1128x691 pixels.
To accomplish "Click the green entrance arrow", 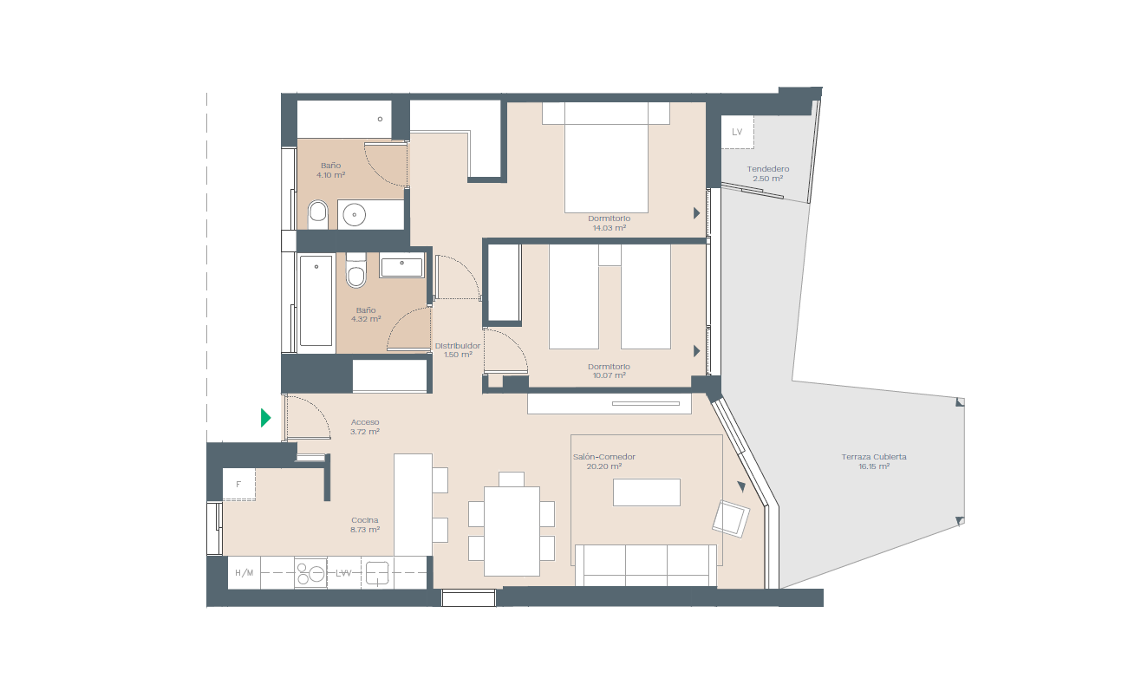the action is (x=265, y=418).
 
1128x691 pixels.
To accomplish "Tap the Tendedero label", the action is (x=768, y=169).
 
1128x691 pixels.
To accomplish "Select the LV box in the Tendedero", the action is (x=737, y=132).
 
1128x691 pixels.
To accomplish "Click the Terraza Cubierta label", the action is (x=874, y=457).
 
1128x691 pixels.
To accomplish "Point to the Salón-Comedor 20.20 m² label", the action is (x=603, y=461).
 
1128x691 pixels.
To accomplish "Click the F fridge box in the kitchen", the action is (x=238, y=485).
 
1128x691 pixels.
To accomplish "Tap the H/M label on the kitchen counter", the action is (x=245, y=572).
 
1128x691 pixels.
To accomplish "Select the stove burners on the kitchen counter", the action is (x=310, y=572).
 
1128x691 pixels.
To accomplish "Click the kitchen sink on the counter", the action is (x=377, y=572).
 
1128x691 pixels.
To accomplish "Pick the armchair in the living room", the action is (x=731, y=518).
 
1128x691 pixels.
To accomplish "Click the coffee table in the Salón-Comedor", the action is (x=647, y=492).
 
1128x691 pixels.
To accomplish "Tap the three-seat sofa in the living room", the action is (x=646, y=565).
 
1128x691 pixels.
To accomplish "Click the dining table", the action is (x=512, y=531).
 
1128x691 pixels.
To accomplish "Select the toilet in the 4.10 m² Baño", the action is (x=317, y=214).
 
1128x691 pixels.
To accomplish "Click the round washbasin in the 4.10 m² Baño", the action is (x=355, y=215).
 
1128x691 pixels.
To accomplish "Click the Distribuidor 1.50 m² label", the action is (x=458, y=350).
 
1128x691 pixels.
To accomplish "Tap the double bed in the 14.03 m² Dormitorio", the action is (x=606, y=157).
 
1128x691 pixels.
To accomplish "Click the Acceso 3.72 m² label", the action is (x=365, y=427).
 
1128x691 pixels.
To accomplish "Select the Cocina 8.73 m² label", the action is (x=365, y=525).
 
